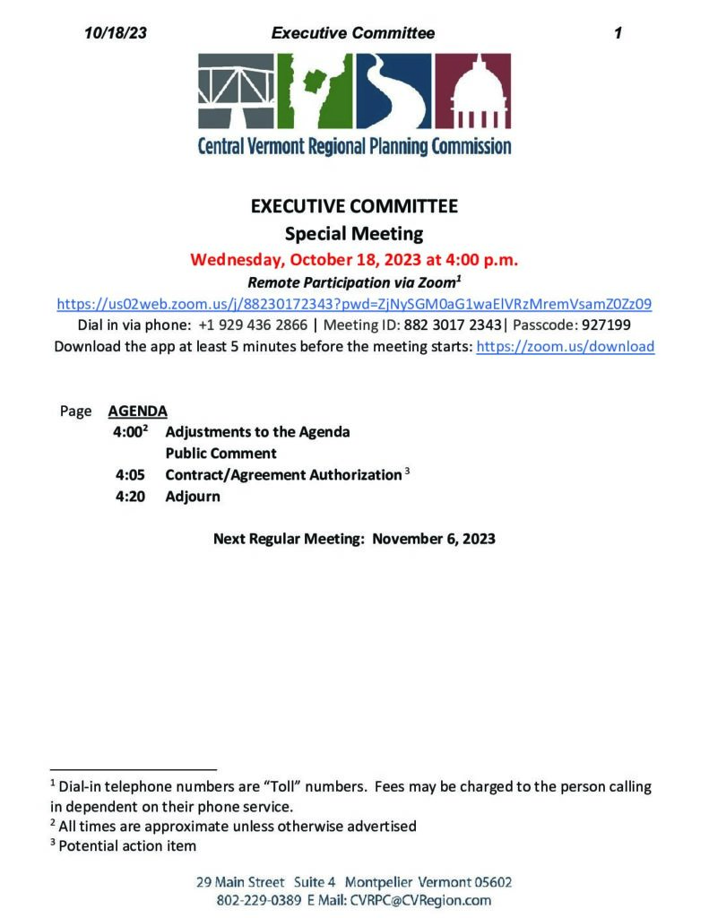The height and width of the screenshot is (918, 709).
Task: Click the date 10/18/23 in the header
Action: click(x=115, y=33)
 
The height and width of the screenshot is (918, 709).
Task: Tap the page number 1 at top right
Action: click(x=618, y=33)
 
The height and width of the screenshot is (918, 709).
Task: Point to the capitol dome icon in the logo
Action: click(x=480, y=92)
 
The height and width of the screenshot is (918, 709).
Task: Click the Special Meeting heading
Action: click(x=354, y=234)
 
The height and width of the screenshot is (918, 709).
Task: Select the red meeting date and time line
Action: click(x=354, y=260)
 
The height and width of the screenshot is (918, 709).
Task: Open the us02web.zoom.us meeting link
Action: click(x=354, y=304)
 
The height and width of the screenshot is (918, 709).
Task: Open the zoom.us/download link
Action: click(x=565, y=346)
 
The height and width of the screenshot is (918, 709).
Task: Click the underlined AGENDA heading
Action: click(x=137, y=411)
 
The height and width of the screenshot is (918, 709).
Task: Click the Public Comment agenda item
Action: click(x=220, y=453)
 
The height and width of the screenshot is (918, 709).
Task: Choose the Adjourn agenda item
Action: click(x=192, y=496)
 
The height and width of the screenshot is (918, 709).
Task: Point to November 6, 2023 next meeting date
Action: click(x=434, y=539)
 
